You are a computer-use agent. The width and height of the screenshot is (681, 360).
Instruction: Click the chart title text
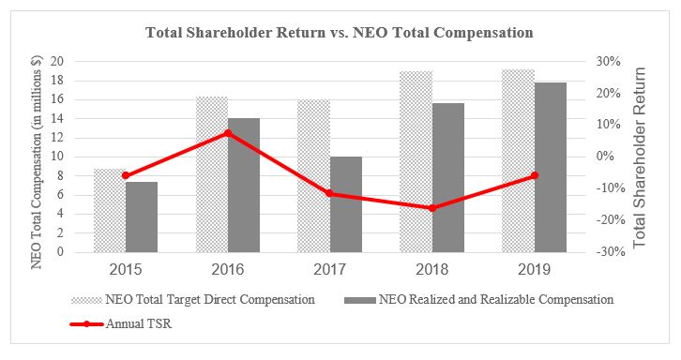point(339,33)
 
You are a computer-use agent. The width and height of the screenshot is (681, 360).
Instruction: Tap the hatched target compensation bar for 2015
point(109,211)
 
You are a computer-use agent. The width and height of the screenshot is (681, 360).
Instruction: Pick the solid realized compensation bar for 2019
point(551,168)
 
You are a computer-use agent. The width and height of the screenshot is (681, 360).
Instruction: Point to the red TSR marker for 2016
point(228,133)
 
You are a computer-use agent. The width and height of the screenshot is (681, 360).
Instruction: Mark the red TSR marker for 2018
point(432,207)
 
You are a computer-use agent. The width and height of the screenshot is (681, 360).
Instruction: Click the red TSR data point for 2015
point(126,175)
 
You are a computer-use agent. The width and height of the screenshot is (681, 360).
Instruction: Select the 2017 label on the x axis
point(330,268)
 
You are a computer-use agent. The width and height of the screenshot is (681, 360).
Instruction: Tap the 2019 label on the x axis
point(535,268)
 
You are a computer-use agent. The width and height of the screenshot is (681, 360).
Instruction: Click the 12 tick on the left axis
point(58,138)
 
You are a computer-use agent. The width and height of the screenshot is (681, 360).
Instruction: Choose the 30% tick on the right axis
point(608,62)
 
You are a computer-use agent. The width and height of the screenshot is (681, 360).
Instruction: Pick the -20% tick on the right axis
point(606,220)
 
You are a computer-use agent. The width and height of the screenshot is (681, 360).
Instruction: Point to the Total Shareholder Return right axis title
point(641,157)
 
